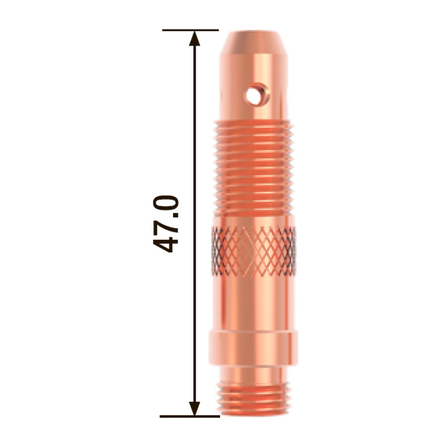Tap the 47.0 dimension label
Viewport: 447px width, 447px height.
166,224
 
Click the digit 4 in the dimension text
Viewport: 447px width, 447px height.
166,243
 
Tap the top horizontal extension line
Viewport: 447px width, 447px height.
190,30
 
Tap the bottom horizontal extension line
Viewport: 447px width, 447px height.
190,417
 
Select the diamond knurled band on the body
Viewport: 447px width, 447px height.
253,251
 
